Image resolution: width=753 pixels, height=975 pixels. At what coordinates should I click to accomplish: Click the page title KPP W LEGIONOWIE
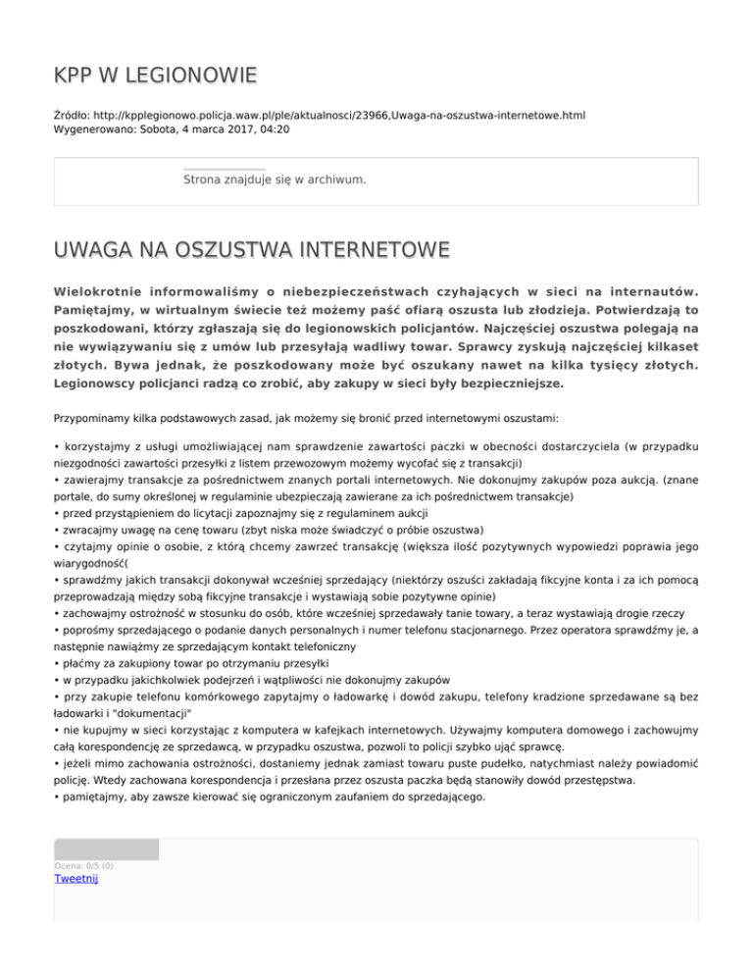click(x=156, y=75)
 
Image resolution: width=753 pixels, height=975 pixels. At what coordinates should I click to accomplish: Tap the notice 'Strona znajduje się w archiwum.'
click(x=276, y=180)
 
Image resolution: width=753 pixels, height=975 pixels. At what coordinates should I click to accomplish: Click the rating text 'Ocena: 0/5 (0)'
click(x=83, y=866)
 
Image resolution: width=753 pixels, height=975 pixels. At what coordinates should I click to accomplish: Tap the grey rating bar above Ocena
click(x=106, y=849)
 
